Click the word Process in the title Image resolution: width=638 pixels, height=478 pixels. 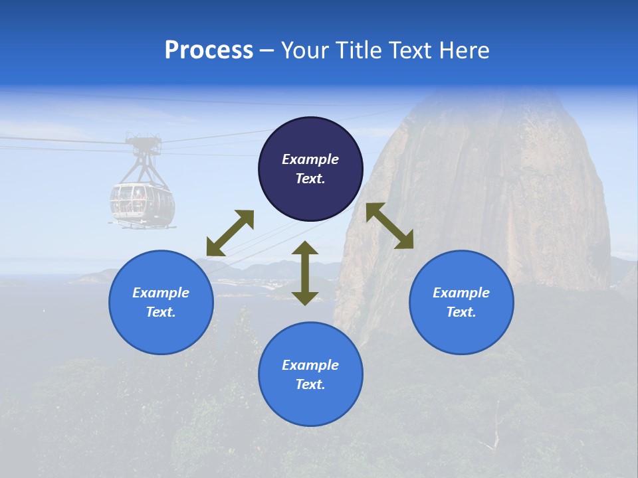click(209, 50)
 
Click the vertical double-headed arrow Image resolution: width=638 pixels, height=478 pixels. click(305, 273)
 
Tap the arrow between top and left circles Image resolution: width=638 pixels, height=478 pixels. click(230, 233)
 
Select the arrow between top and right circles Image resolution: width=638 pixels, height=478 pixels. click(389, 226)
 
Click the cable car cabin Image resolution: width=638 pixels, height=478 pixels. click(142, 203)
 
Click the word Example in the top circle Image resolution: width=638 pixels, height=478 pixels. click(310, 159)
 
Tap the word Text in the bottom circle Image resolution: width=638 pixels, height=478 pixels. click(310, 384)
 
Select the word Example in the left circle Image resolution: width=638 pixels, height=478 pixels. click(161, 293)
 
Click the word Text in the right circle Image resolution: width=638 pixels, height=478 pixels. click(461, 312)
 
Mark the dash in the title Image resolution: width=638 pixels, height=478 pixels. click(267, 50)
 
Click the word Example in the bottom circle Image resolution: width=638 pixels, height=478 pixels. click(310, 365)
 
